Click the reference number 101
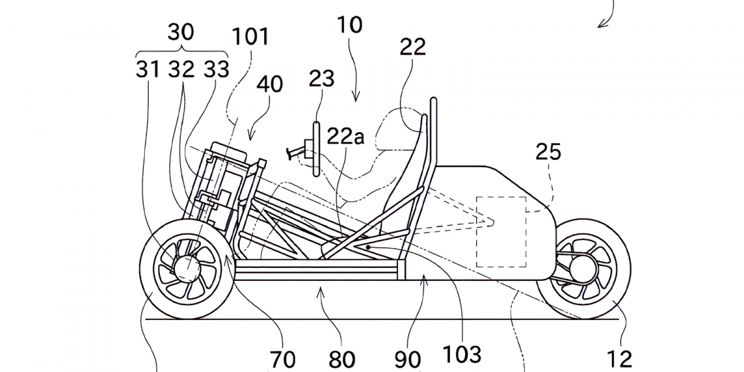[251, 37]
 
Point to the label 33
[215, 69]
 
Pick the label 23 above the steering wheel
[322, 79]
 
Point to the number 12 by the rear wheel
[619, 358]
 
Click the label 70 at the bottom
[282, 359]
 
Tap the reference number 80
[342, 359]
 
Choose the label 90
[407, 359]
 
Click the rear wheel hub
[583, 267]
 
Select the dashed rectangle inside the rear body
[500, 232]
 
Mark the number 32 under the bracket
[182, 69]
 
